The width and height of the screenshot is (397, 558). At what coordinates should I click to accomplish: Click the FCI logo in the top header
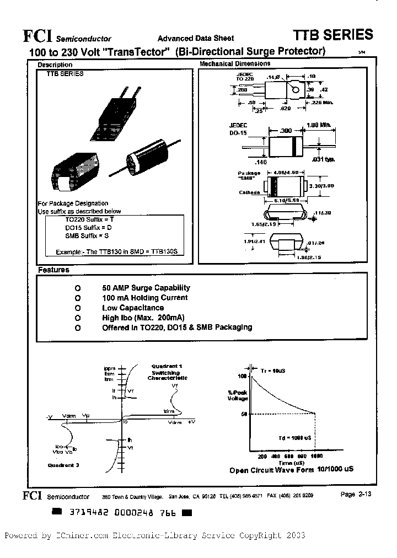point(37,36)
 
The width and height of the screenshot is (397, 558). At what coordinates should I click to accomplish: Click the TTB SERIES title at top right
point(332,35)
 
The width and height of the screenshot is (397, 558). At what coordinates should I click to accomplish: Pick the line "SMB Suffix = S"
point(85,235)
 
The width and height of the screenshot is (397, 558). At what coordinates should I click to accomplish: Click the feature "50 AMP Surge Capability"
point(146,288)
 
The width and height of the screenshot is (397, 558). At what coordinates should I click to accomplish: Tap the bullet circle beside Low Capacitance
point(78,308)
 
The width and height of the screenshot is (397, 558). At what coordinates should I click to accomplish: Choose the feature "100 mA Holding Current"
point(144,298)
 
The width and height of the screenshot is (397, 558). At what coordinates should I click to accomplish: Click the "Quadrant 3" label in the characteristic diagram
point(63,465)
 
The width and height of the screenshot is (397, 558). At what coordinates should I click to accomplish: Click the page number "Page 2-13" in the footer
point(356,495)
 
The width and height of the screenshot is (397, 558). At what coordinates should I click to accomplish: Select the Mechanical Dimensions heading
point(234,64)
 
